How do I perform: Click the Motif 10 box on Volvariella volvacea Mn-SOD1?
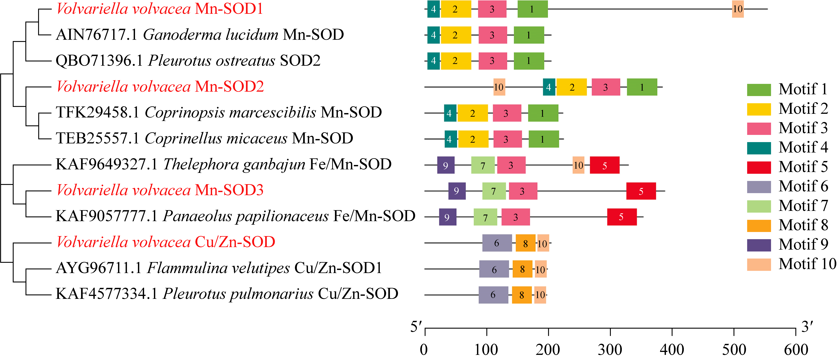[738, 9]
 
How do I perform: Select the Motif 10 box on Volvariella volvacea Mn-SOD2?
[499, 87]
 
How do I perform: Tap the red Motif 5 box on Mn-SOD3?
[641, 191]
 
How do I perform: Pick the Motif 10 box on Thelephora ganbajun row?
[578, 165]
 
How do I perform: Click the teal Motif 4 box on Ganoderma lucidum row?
[433, 35]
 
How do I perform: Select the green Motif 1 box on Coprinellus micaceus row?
[544, 139]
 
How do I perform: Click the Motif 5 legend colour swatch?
[759, 167]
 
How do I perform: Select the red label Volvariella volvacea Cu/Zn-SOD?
[166, 242]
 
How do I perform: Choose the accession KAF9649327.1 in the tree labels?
[107, 164]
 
